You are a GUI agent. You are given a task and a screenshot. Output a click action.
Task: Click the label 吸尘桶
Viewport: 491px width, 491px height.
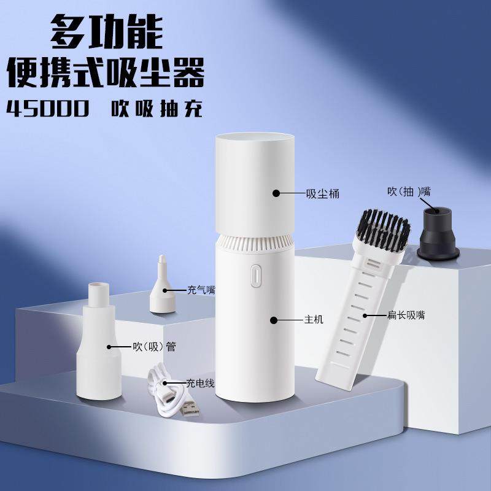[x=322, y=194]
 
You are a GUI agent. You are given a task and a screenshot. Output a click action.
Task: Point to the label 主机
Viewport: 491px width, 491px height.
[x=314, y=320]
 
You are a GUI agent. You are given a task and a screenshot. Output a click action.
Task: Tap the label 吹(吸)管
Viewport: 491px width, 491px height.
[x=154, y=347]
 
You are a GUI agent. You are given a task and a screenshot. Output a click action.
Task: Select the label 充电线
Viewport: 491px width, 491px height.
[x=200, y=383]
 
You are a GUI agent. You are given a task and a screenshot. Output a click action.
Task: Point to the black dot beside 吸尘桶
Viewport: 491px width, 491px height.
[x=276, y=194]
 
